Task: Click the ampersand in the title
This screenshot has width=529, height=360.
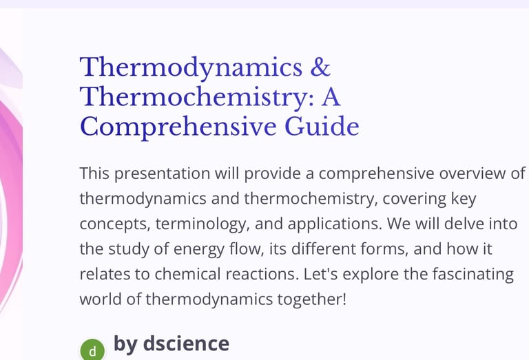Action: point(320,67)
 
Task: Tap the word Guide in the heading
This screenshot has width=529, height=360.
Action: point(322,127)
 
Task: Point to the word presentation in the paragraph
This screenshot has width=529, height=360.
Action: point(163,174)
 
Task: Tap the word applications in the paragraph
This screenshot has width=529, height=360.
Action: point(335,224)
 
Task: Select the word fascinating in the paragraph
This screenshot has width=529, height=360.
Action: point(473,275)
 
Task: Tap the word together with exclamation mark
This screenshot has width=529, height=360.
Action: point(312,299)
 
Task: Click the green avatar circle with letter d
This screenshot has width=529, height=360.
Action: point(92,350)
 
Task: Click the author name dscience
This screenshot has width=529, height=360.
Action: point(186,343)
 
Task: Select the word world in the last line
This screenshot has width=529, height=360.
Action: point(101,299)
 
